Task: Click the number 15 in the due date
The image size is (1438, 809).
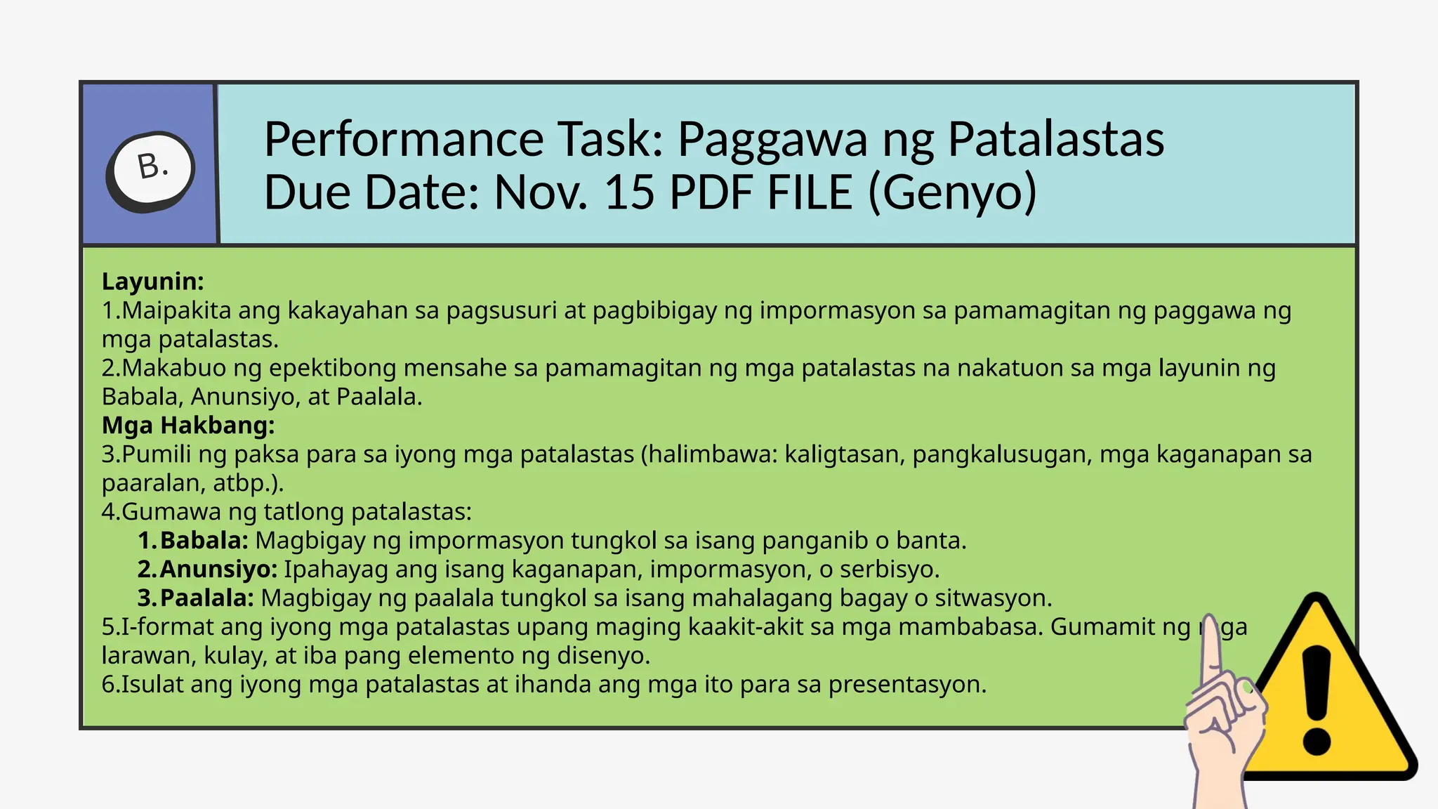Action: tap(630, 192)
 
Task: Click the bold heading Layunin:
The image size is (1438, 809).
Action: tap(153, 281)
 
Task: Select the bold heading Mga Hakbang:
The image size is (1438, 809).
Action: tap(188, 425)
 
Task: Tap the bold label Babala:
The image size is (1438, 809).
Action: tap(204, 540)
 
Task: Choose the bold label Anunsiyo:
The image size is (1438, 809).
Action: tap(218, 569)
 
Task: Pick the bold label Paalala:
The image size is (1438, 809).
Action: tap(206, 598)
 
